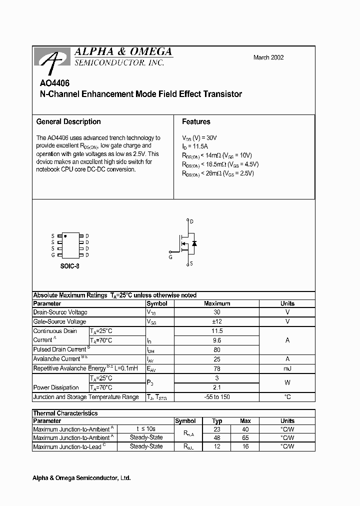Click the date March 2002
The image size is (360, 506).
[268, 57]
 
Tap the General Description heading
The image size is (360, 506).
[68, 121]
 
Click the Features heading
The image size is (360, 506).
[196, 121]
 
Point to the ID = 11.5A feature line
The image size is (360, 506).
[196, 146]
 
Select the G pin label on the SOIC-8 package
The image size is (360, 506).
[52, 255]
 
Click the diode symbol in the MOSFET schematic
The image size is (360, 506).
[194, 243]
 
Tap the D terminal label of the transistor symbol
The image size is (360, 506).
[192, 221]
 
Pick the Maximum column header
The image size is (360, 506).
[217, 303]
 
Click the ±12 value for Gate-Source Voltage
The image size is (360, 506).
[217, 321]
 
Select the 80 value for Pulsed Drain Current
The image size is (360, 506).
[217, 350]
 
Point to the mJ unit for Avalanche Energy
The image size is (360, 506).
[287, 368]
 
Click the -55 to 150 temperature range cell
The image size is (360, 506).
[217, 397]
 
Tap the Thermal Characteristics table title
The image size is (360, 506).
[65, 413]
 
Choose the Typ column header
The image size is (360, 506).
[217, 421]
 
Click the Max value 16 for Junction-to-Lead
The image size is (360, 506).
[245, 446]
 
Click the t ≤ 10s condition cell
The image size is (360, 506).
[146, 428]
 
